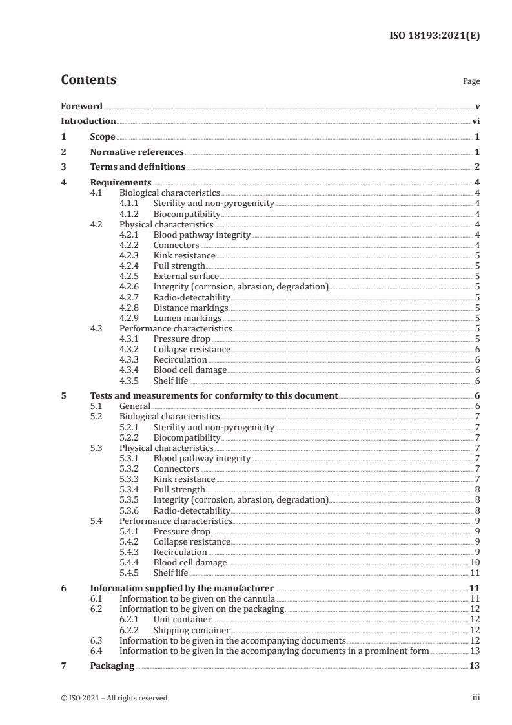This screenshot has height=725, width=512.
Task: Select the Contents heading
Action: point(88,80)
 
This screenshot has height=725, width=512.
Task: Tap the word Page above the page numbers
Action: point(471,82)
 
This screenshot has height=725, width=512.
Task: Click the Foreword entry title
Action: point(81,106)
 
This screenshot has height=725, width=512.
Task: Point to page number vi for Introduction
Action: point(475,121)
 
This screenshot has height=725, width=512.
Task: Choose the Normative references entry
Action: point(136,152)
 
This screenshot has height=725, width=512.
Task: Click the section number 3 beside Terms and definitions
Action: point(63,167)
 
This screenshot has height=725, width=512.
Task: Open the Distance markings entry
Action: point(188,308)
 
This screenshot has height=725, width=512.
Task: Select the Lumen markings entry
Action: point(187,318)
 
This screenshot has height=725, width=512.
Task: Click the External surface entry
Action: point(186,277)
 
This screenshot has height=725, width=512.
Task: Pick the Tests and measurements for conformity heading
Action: point(213,395)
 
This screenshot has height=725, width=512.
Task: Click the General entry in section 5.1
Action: point(134,406)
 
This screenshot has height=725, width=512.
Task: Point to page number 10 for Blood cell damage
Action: point(474,562)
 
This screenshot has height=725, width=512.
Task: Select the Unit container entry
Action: point(182,619)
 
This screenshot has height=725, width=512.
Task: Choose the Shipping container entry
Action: point(191,630)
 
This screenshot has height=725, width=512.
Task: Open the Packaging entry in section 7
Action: point(112,666)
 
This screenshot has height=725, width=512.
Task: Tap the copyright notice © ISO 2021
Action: point(114,698)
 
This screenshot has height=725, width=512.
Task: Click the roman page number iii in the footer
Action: point(476,698)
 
